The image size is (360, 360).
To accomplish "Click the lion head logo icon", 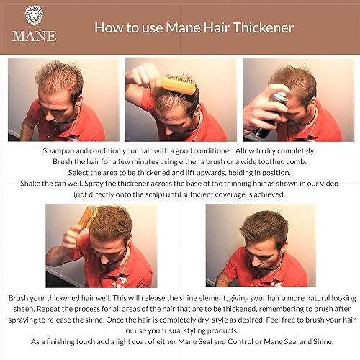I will [x=35, y=14].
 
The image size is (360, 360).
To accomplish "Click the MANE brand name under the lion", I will [x=35, y=35].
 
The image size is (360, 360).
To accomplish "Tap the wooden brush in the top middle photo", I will [x=176, y=86].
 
